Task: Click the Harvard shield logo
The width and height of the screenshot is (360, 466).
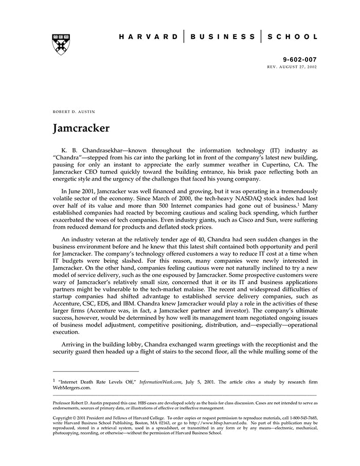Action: coord(61,44)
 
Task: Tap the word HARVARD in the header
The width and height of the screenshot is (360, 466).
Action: coord(149,37)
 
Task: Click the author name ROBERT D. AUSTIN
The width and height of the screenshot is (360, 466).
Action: coord(74,112)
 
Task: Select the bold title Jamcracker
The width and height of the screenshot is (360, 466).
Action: coord(81,128)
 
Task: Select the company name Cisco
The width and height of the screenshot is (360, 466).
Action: coord(275,222)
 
